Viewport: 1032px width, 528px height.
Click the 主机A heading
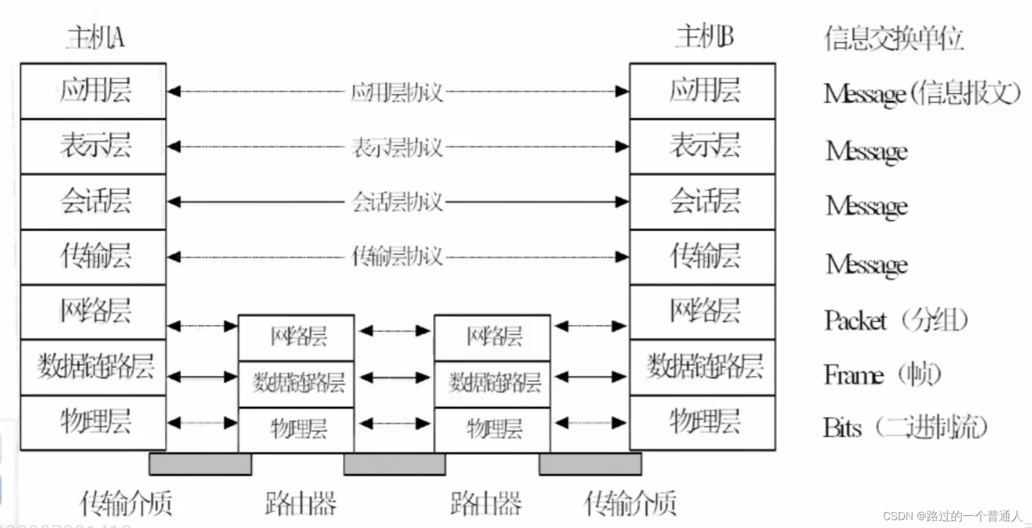95,38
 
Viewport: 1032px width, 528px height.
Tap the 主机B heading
704,37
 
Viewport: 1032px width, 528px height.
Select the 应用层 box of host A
93,91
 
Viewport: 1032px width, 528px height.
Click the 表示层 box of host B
703,146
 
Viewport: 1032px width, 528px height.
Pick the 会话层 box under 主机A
93,201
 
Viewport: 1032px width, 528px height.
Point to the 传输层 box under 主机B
703,257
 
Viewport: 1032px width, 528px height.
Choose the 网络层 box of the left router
297,337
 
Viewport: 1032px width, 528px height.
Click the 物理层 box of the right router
492,429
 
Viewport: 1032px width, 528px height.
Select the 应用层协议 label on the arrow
396,92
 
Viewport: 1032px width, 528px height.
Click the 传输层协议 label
396,257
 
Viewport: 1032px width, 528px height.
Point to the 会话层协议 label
396,202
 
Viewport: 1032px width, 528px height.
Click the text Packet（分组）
896,320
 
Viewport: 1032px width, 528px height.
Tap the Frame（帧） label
882,375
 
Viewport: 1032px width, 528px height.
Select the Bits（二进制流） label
905,427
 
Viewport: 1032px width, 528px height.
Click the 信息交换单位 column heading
893,39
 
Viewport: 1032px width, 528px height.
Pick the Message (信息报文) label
921,93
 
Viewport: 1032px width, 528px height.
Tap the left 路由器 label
300,503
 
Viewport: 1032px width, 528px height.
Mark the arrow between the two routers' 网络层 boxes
394,331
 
